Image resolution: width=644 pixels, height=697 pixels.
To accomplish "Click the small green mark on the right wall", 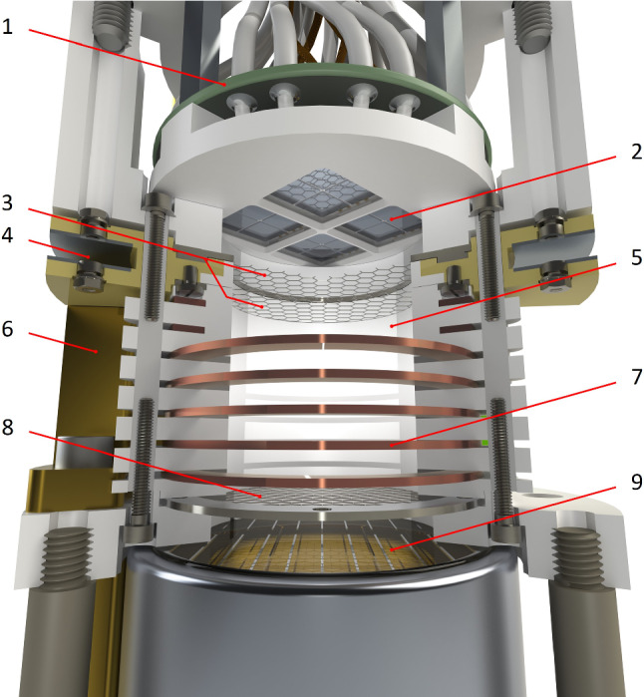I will (484, 440).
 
